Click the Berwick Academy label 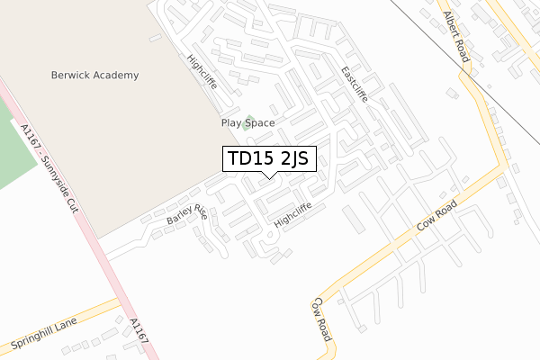click(94, 76)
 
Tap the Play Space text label click(247, 122)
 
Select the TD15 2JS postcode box click(268, 159)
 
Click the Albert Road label click(456, 37)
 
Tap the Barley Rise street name click(186, 217)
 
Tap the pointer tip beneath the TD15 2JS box click(268, 177)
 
